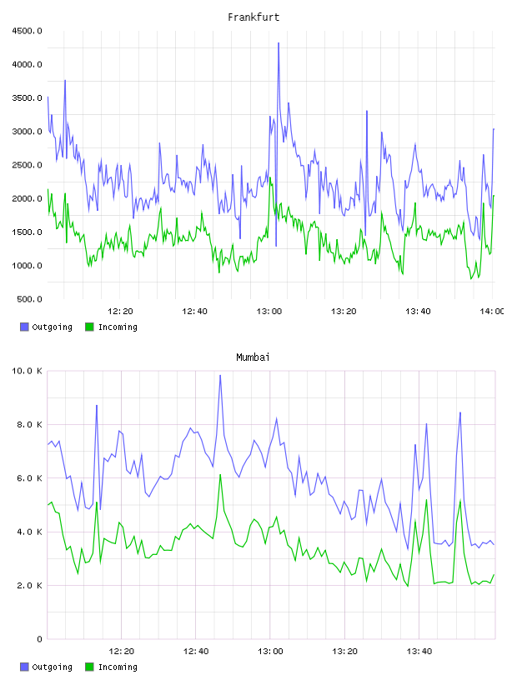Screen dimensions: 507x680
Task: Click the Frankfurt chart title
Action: [x=254, y=17]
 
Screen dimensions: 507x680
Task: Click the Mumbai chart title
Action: [x=253, y=357]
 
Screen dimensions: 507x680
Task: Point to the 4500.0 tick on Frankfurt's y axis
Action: [x=27, y=31]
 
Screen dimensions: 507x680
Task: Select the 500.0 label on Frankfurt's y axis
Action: [x=29, y=299]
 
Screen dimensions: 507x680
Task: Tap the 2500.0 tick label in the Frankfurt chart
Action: [x=27, y=165]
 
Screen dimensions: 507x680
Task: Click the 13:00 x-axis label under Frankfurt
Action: [x=269, y=312]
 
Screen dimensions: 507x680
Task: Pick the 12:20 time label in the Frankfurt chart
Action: [x=120, y=312]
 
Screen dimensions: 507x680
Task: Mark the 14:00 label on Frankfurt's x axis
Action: [x=492, y=312]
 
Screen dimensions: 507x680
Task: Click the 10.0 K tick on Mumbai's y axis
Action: [x=27, y=371]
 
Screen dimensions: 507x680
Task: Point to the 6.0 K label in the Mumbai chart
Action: [x=29, y=477]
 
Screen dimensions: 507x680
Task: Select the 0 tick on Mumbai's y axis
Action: [x=39, y=639]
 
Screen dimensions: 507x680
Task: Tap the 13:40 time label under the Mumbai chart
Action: [x=419, y=652]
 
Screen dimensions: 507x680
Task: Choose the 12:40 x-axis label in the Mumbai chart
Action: [x=196, y=652]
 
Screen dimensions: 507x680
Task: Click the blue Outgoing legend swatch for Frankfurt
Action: [x=24, y=327]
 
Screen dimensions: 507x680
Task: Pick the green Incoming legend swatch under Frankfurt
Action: [x=89, y=327]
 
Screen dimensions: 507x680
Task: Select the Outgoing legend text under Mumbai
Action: [x=52, y=667]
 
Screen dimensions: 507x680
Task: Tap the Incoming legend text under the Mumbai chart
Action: [x=118, y=667]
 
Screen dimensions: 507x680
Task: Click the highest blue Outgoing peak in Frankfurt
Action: [x=279, y=43]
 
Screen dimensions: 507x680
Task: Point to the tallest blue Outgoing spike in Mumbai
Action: [x=220, y=376]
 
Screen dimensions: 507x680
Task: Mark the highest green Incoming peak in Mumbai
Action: [x=220, y=475]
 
